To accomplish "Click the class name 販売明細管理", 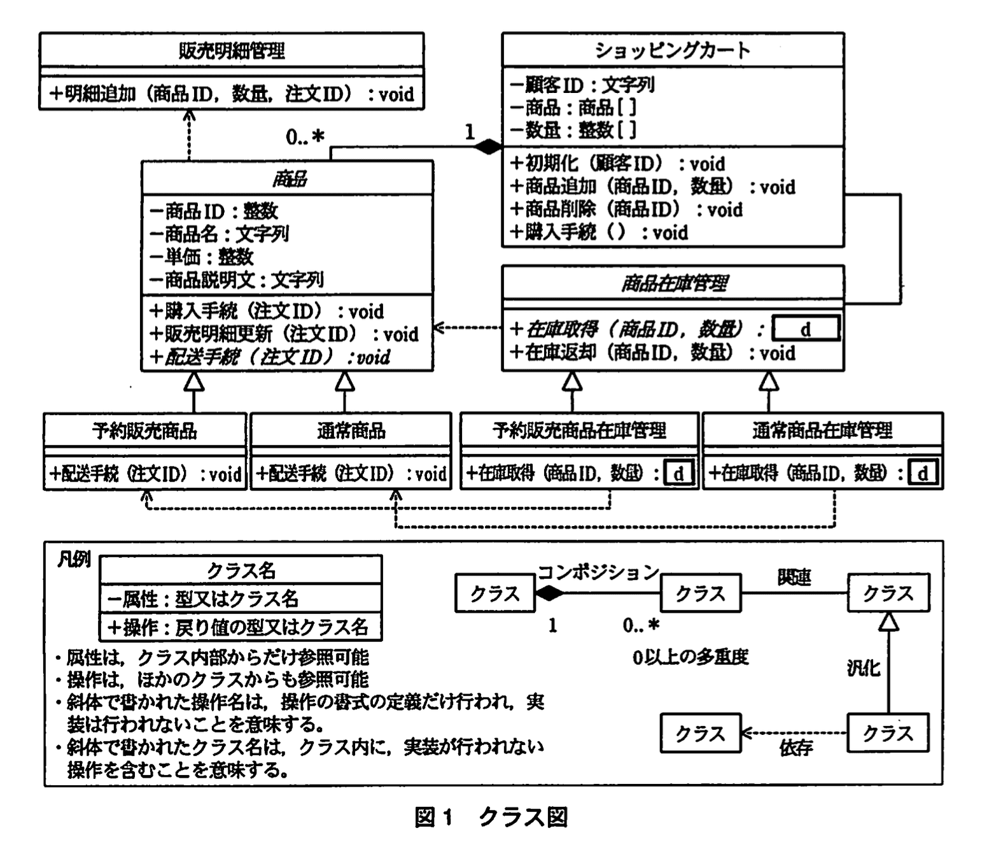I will point(231,50).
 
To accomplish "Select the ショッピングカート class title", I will point(673,50).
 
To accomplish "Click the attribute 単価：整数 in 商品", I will point(202,257).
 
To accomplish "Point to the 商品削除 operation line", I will point(627,210).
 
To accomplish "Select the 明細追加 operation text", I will point(232,94).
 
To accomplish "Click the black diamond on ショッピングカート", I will point(488,147).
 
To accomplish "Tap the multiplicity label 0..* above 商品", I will point(305,137).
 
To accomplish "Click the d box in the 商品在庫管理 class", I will point(806,329).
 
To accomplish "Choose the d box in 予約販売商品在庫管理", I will point(678,474).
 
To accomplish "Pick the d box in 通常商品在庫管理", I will point(923,474).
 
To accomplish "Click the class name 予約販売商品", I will point(144,431).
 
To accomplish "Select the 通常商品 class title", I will point(351,431).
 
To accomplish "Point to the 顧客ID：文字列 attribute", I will point(582,85).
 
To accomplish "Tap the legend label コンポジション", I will point(598,572).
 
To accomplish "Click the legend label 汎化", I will point(863,667).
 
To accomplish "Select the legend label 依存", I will point(796,748).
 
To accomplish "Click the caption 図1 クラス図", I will point(491,817).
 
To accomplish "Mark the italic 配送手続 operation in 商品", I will point(270,357).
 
